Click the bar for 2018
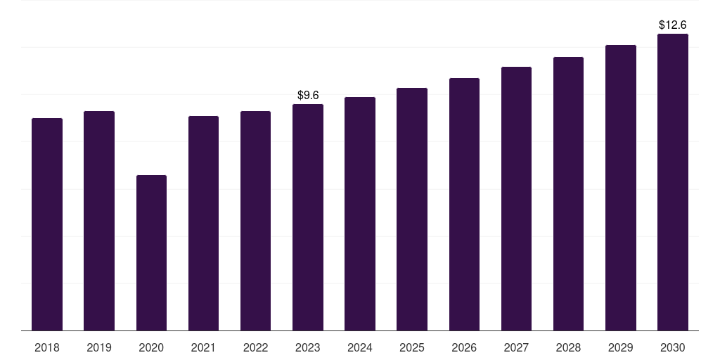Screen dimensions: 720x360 [x=47, y=224]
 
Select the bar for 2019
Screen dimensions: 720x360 [x=99, y=221]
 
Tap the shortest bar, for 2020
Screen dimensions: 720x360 [x=152, y=253]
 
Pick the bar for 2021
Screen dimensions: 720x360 [x=203, y=223]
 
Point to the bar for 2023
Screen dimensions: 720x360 [x=308, y=217]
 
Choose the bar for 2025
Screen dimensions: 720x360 [x=412, y=210]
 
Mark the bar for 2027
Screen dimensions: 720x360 [x=516, y=199]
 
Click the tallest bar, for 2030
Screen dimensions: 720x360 [x=673, y=182]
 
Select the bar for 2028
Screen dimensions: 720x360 [x=568, y=194]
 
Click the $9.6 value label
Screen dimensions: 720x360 [x=308, y=95]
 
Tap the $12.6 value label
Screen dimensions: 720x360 [x=673, y=25]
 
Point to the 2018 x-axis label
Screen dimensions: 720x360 [x=47, y=347]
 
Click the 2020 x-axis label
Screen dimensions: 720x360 [x=151, y=347]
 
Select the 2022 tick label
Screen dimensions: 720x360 [x=255, y=347]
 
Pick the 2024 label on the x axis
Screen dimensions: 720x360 [x=359, y=347]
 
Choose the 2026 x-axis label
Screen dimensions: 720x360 [x=464, y=347]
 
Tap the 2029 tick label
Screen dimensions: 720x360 [x=620, y=347]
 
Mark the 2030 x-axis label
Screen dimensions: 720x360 [x=673, y=347]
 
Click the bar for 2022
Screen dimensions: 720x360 [x=255, y=221]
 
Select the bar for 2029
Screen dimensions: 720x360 [x=621, y=188]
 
